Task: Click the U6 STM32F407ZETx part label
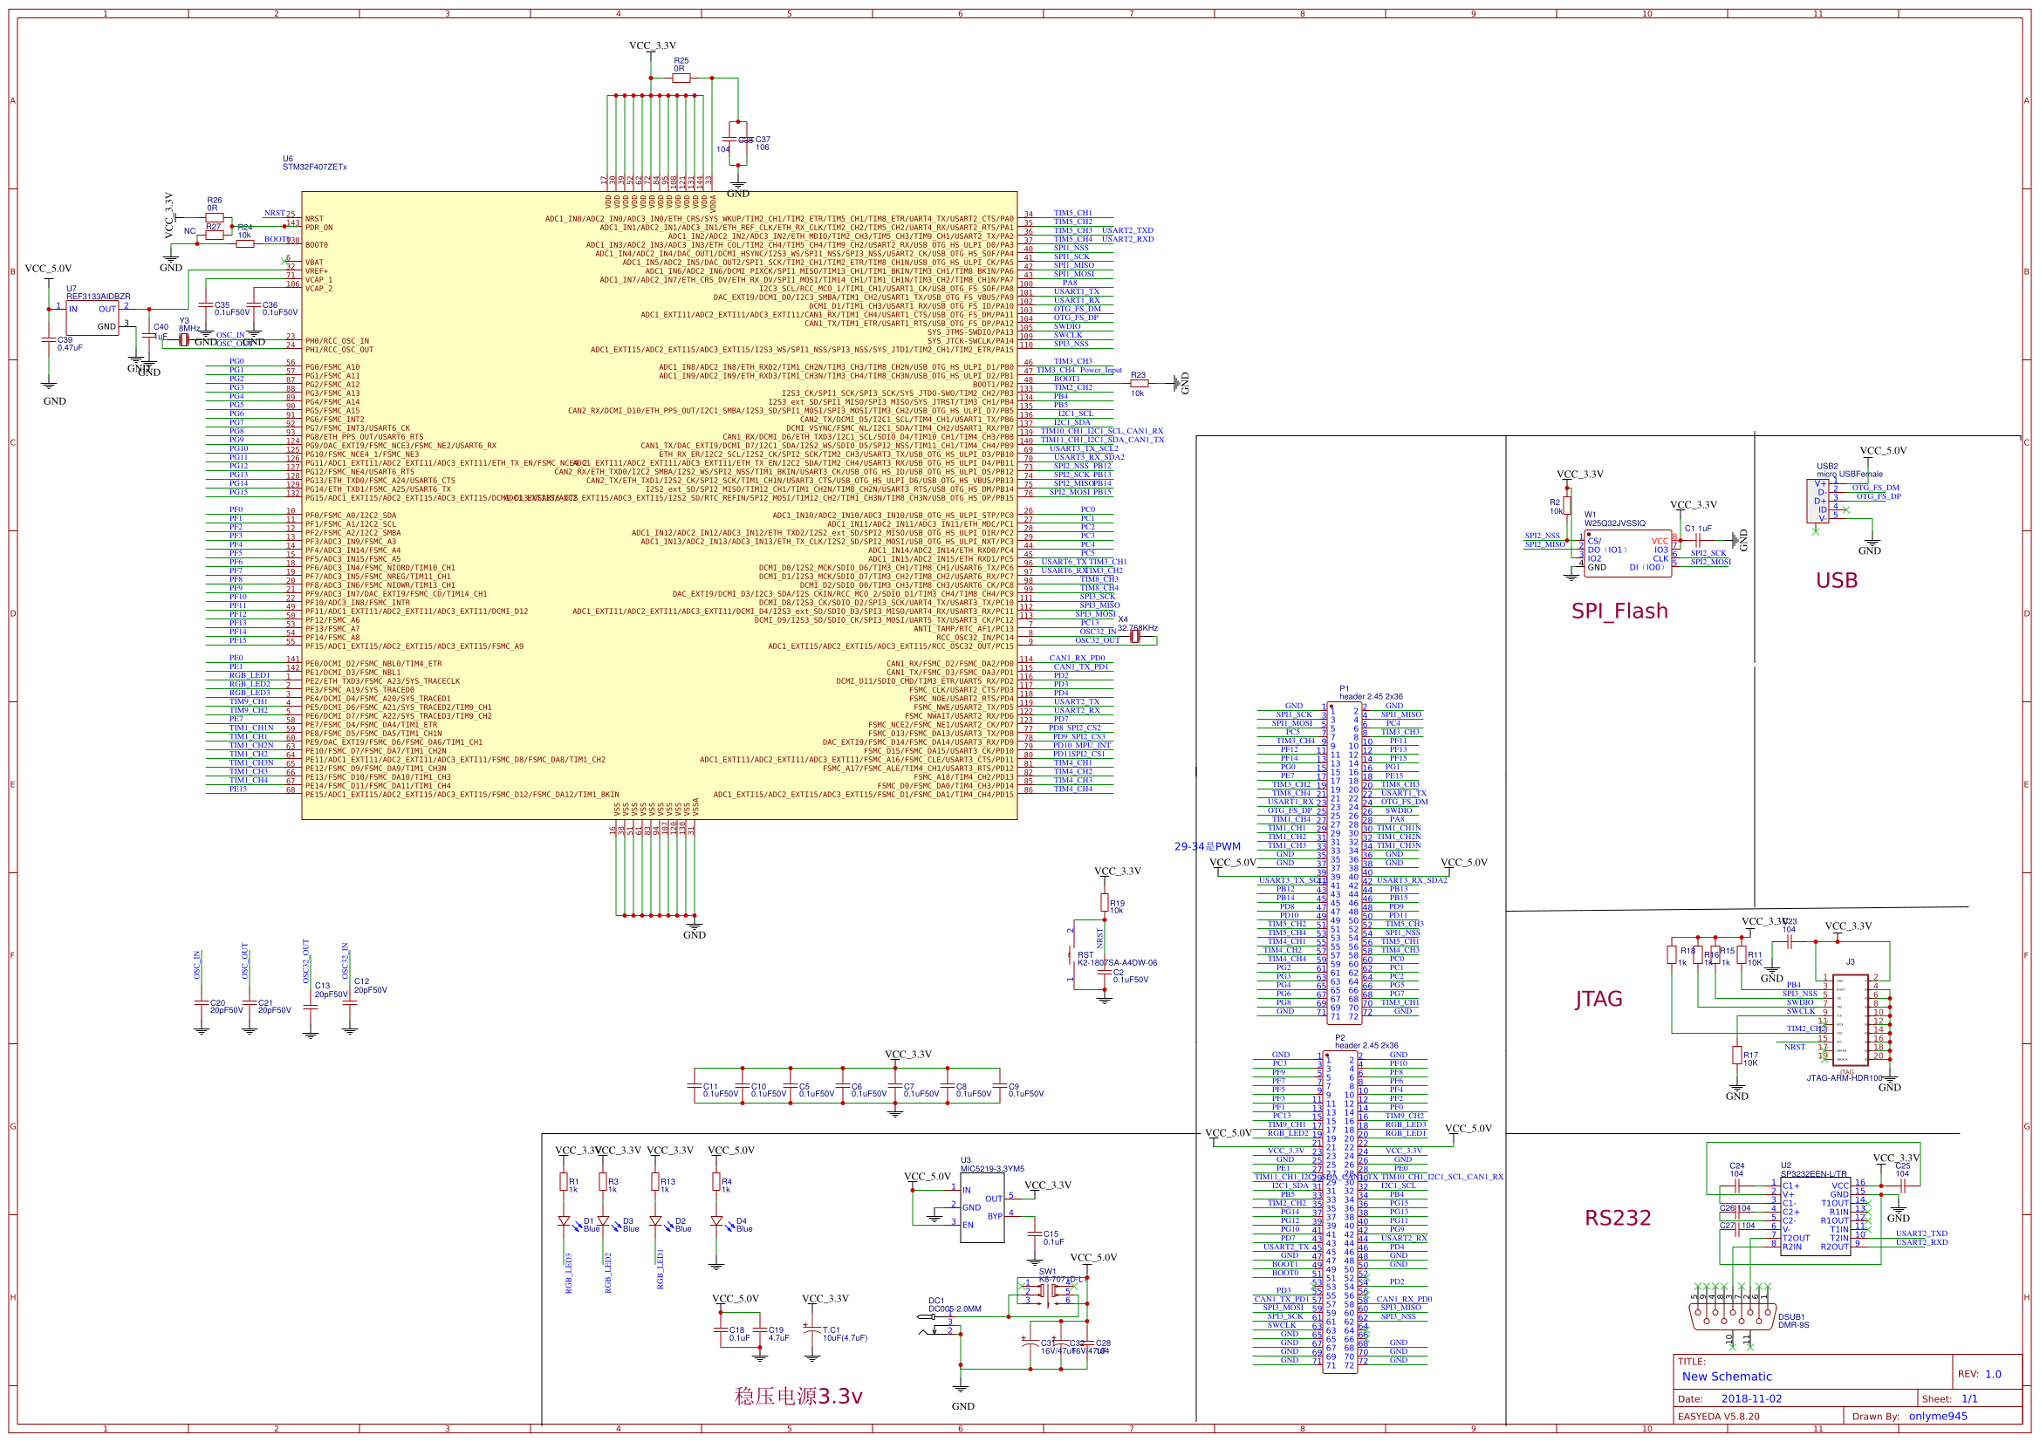(313, 163)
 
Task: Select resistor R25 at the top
(681, 79)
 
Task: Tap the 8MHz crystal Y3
(184, 339)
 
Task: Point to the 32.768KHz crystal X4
(1134, 637)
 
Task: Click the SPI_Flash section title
(1619, 612)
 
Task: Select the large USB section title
(1837, 581)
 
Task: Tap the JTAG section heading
(1598, 999)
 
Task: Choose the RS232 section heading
(1617, 1218)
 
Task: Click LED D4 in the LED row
(716, 1222)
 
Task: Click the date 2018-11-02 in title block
(1751, 1398)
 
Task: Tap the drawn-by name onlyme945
(1938, 1416)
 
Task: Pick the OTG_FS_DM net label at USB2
(1876, 488)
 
